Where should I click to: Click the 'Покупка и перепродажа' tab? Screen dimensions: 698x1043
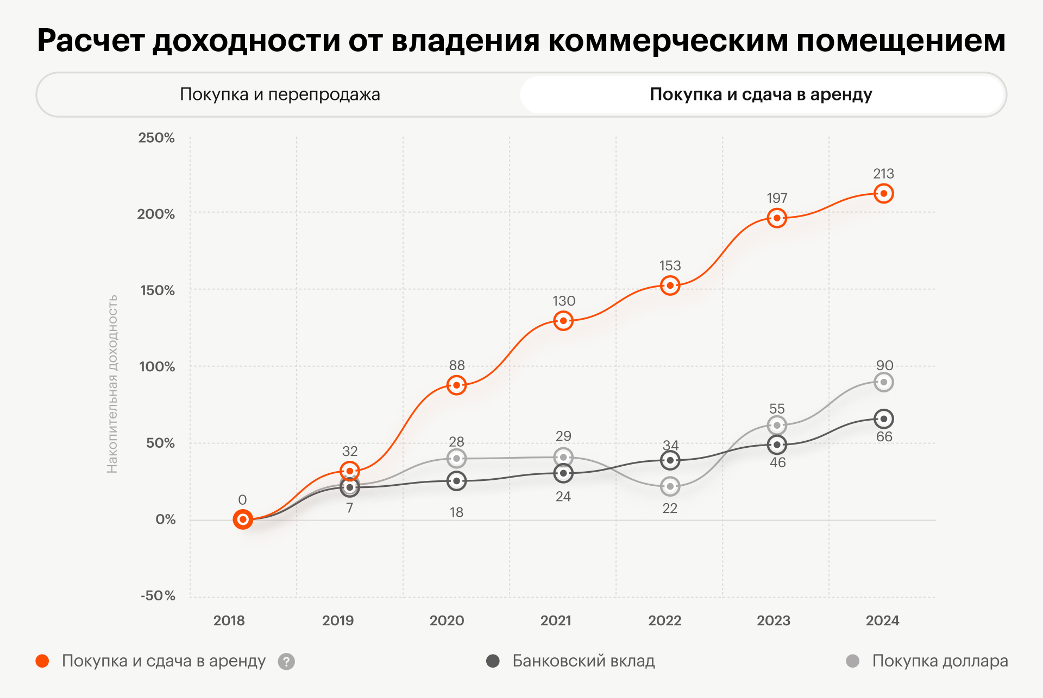click(280, 94)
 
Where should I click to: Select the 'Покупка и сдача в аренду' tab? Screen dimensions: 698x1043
click(761, 94)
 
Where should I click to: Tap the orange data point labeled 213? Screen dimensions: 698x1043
click(883, 193)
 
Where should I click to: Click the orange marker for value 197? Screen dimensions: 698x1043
click(777, 218)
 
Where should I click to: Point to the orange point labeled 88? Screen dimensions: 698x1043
click(456, 385)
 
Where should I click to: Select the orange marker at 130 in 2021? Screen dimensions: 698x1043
click(563, 321)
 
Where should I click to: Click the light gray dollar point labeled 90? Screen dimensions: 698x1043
click(883, 382)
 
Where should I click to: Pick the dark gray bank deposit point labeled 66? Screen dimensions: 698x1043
click(883, 418)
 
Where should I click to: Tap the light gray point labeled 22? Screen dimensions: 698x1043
click(670, 486)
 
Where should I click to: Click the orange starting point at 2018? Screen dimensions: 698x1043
click(243, 519)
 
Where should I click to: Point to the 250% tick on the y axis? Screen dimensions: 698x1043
click(156, 138)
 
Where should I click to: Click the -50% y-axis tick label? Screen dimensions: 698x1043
click(158, 595)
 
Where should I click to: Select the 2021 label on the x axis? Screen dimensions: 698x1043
click(556, 620)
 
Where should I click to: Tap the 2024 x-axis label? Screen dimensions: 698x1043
click(882, 620)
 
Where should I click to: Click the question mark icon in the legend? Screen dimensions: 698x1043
click(286, 662)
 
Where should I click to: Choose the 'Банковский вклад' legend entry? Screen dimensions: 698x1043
click(583, 661)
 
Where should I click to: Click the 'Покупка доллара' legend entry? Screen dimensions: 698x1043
click(939, 661)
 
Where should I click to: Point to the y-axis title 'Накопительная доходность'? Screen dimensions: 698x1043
click(112, 384)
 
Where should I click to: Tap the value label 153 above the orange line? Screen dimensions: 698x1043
click(670, 265)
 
